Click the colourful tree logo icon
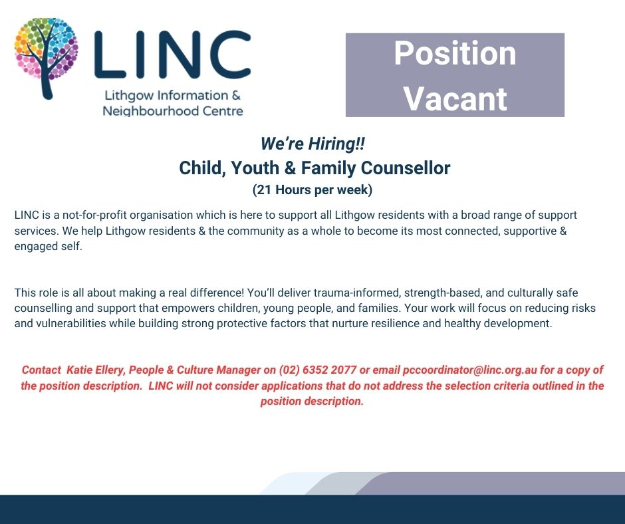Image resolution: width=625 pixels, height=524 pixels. (x=46, y=58)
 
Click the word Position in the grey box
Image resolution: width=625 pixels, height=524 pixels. (x=455, y=54)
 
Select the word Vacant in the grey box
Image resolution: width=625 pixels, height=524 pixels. (x=455, y=98)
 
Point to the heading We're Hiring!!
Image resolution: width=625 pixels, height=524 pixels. (x=312, y=144)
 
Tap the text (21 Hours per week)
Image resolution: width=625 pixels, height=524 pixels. (x=312, y=190)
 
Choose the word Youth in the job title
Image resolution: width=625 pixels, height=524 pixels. (x=255, y=168)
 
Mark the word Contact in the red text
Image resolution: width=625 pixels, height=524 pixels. (x=41, y=370)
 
